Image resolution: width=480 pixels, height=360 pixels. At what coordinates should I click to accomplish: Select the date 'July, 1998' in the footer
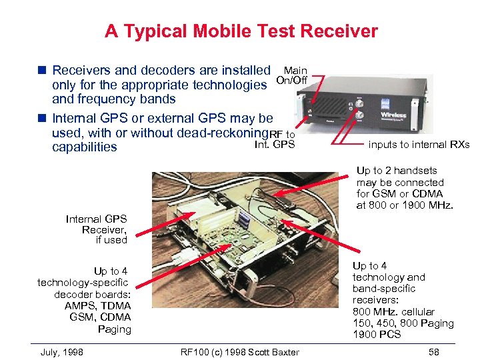coord(62,352)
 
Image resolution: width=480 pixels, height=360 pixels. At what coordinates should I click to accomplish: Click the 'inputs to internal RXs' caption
coord(419,145)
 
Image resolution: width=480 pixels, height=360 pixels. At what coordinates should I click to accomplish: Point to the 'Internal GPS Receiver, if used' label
coord(97,229)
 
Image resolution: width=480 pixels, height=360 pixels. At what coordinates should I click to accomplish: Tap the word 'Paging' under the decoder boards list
coord(114,329)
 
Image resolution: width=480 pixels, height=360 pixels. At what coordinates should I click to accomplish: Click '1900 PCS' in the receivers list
coord(377,334)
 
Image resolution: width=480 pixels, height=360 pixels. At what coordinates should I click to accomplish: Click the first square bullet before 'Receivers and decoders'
coord(42,70)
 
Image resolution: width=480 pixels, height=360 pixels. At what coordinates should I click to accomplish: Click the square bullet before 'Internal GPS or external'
coord(42,118)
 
